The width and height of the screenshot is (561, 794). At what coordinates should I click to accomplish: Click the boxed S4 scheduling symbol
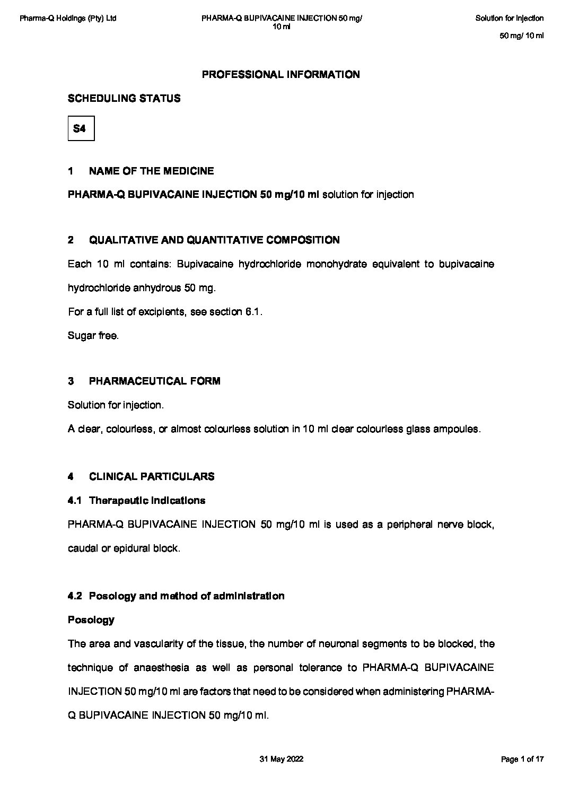(x=81, y=128)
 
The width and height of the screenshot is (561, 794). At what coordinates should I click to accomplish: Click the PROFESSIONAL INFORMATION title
(x=280, y=75)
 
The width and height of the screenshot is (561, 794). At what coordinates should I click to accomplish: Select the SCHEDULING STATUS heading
(x=124, y=99)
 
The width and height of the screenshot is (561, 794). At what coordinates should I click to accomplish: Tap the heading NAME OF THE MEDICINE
(x=151, y=171)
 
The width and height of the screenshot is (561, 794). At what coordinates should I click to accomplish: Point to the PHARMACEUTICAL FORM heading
(x=154, y=381)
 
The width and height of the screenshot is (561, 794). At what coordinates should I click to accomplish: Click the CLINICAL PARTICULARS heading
(x=152, y=477)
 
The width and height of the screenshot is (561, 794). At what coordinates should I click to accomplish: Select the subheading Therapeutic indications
(x=147, y=501)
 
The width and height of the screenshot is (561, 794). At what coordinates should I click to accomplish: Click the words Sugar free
(x=93, y=336)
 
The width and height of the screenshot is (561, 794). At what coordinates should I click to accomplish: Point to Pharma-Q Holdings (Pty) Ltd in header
(x=68, y=19)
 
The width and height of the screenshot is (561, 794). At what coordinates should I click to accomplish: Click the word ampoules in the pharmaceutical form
(x=460, y=429)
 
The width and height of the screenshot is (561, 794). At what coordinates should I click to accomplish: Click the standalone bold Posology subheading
(x=91, y=620)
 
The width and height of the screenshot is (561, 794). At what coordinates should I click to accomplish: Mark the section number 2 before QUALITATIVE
(x=71, y=240)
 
